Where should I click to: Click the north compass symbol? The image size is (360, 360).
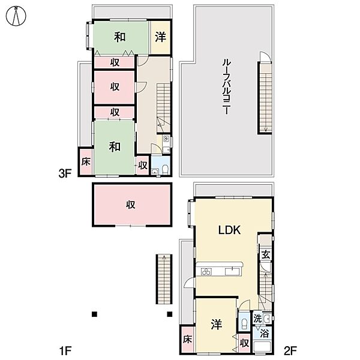(16, 16)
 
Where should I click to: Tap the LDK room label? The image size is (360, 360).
(229, 230)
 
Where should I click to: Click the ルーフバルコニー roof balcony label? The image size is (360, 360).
(227, 86)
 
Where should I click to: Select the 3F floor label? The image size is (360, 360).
(65, 173)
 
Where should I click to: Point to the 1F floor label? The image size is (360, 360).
(65, 350)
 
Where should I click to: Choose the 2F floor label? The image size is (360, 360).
(290, 350)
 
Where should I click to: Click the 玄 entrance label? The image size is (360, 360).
(266, 254)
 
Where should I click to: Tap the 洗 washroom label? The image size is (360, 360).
(257, 319)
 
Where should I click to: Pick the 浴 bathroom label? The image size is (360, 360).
(264, 334)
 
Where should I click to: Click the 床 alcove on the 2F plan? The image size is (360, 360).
(187, 340)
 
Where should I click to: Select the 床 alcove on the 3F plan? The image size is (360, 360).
(86, 161)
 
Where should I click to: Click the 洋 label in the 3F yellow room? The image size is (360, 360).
(160, 37)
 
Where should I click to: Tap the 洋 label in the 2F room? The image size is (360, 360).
(216, 325)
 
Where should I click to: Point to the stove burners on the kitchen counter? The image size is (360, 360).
(206, 272)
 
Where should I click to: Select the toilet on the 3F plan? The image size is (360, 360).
(165, 169)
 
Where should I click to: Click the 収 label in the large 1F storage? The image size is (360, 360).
(130, 205)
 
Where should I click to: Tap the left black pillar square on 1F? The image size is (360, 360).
(94, 314)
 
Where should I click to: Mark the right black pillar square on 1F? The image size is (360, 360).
(169, 314)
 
